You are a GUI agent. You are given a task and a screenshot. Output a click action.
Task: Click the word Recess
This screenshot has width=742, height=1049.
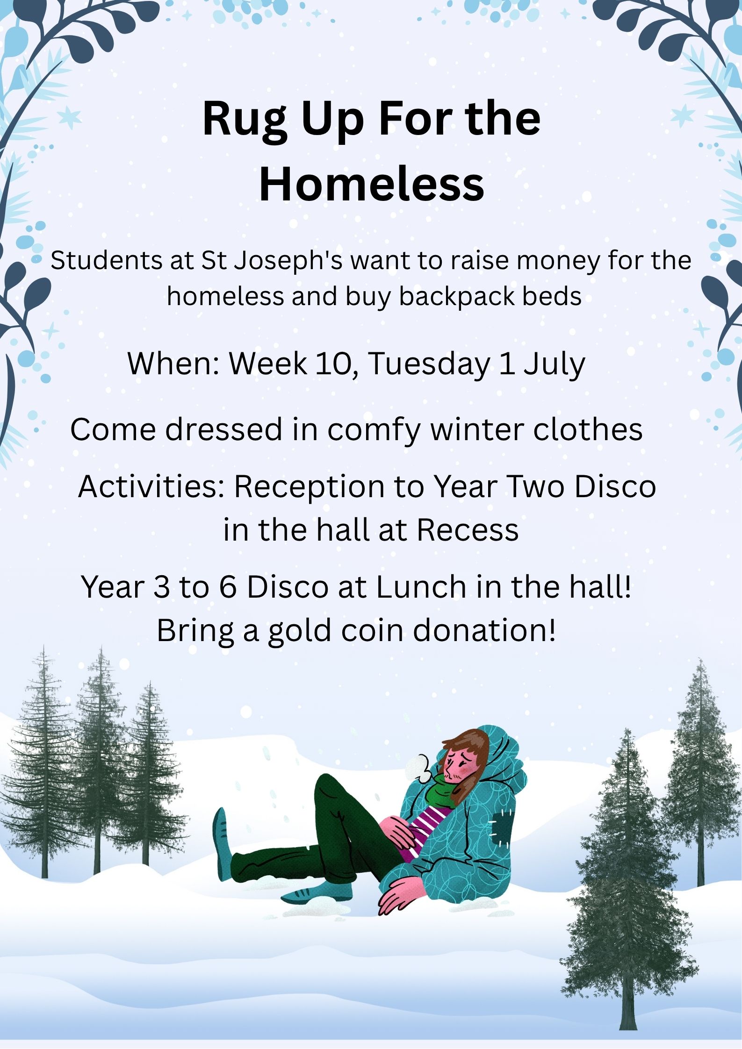[x=468, y=530]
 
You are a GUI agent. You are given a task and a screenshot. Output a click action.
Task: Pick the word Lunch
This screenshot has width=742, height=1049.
[x=421, y=587]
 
